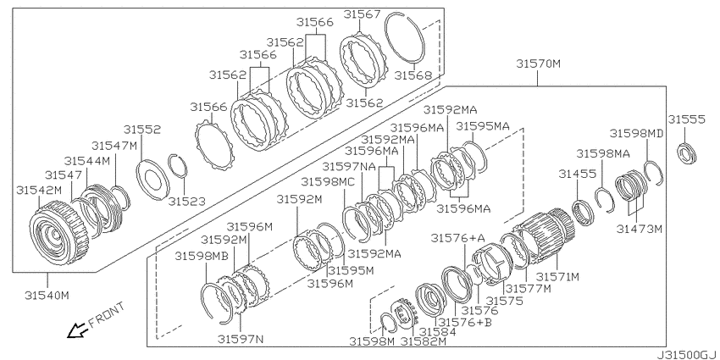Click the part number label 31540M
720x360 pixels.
point(47,296)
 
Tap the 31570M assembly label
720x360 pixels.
point(538,64)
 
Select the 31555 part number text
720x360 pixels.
point(686,119)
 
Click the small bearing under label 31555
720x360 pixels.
point(687,153)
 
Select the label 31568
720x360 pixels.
point(413,75)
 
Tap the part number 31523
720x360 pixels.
point(186,201)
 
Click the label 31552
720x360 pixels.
point(142,129)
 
